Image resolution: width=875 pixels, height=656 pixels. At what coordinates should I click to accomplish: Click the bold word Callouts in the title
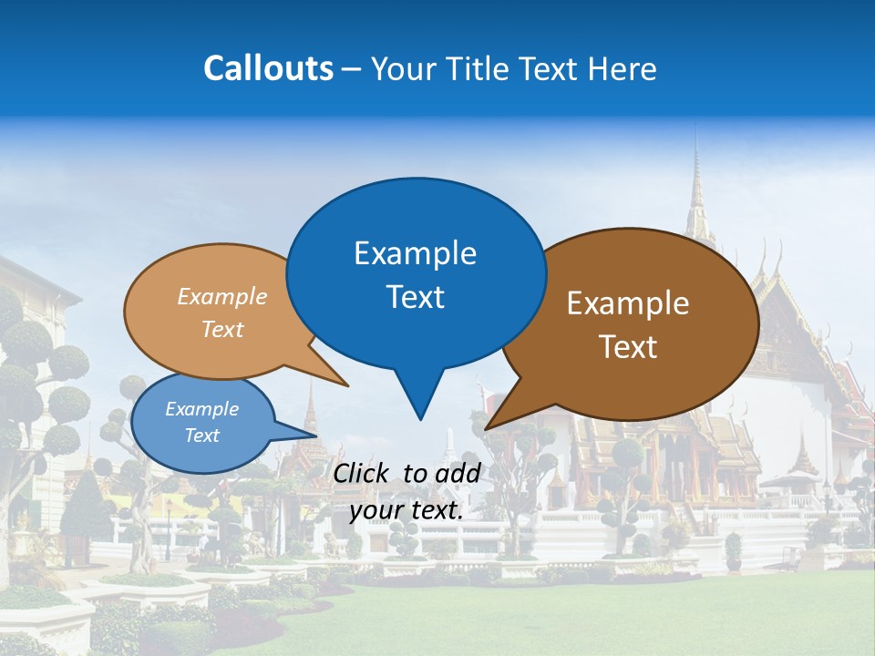(x=268, y=68)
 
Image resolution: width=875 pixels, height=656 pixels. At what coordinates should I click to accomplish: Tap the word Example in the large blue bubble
(x=415, y=253)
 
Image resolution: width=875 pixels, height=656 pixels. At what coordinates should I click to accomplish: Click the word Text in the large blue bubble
(x=415, y=297)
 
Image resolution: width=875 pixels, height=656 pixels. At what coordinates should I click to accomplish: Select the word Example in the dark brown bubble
(x=628, y=303)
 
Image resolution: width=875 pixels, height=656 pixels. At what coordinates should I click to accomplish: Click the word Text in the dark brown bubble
(x=628, y=347)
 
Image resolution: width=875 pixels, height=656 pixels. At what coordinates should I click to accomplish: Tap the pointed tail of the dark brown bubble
(x=489, y=426)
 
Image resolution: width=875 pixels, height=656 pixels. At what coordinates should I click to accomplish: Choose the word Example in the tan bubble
(x=222, y=297)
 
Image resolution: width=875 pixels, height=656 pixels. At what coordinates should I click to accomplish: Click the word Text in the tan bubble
(x=222, y=329)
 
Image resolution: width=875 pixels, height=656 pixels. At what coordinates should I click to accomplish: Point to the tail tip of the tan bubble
(x=346, y=385)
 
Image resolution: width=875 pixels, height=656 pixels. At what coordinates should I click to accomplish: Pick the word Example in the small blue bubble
(x=201, y=409)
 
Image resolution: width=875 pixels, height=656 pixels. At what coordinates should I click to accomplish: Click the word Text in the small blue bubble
(x=201, y=436)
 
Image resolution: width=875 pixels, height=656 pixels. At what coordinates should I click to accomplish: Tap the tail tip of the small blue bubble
(x=315, y=436)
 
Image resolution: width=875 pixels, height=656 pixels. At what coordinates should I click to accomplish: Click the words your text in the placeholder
(x=407, y=510)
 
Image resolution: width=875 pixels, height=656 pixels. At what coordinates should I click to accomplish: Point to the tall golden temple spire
(x=697, y=191)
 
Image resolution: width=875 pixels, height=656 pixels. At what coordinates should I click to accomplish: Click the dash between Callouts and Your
(x=352, y=69)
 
